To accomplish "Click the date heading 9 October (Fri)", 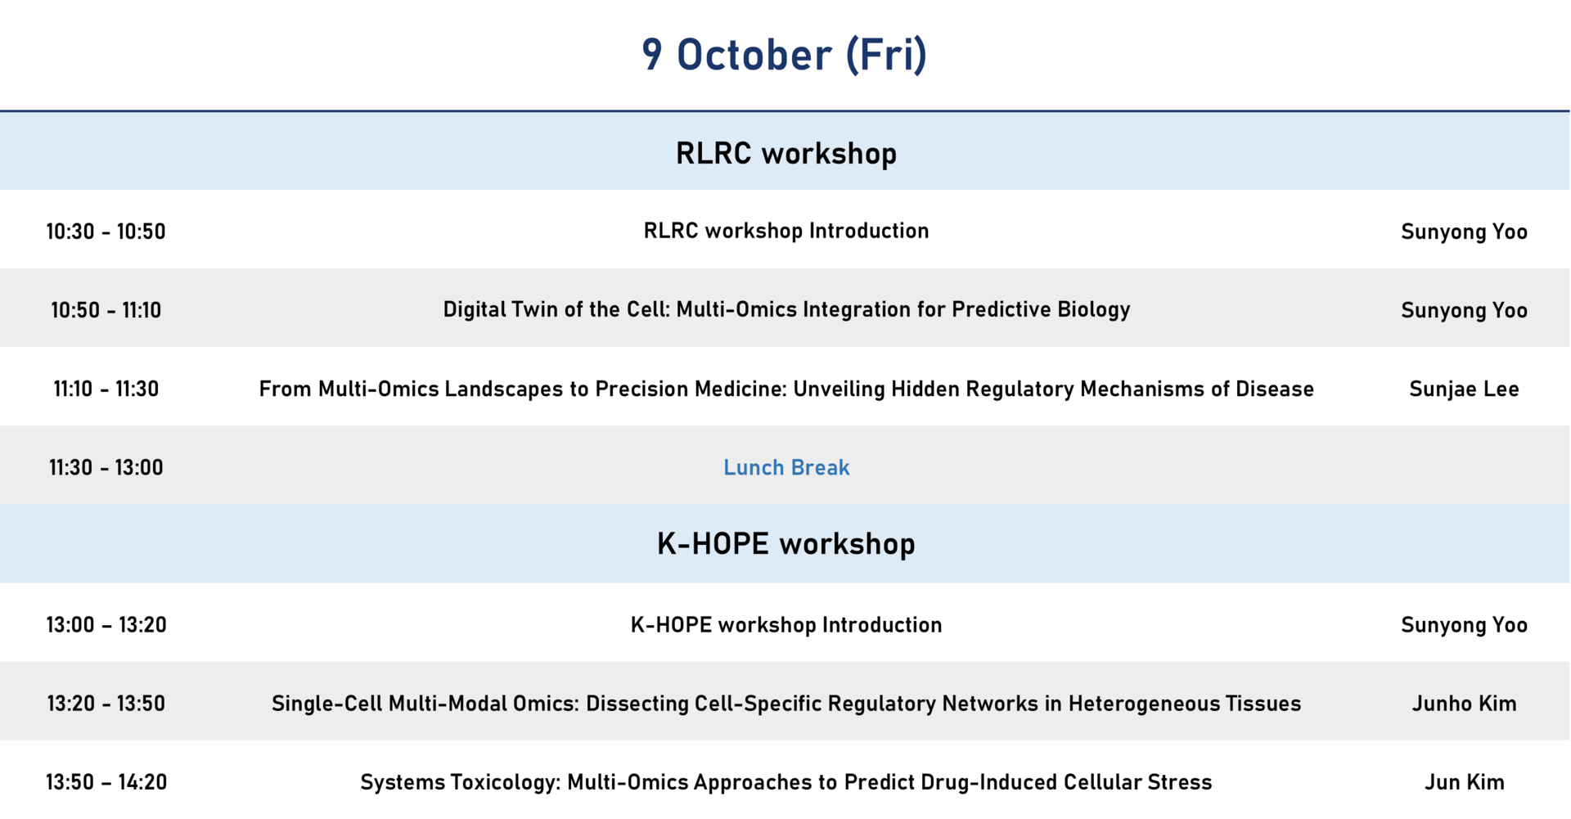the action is tap(785, 55).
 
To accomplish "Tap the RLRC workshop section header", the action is tap(785, 153).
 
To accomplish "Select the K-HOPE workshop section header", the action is tap(785, 544).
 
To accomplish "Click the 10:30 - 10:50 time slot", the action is tap(106, 232).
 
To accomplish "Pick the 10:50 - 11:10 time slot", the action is tap(106, 310).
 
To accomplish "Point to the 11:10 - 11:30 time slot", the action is tap(106, 389).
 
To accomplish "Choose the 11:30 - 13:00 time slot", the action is tap(106, 467).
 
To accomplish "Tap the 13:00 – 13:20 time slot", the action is tap(106, 625).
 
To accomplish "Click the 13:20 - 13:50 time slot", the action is tap(106, 704).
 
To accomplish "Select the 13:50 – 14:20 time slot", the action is tap(106, 782).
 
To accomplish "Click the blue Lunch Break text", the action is tap(786, 467).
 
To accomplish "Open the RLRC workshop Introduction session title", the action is tap(786, 232).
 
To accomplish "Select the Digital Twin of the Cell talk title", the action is tap(786, 310).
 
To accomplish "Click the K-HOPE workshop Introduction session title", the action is tap(786, 625).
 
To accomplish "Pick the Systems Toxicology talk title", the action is tap(786, 782).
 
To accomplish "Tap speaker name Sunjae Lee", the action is tap(1465, 389).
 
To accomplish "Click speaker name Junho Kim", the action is tap(1465, 704).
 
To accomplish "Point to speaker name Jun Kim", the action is tap(1465, 782).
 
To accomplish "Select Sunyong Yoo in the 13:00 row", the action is tap(1465, 626).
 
